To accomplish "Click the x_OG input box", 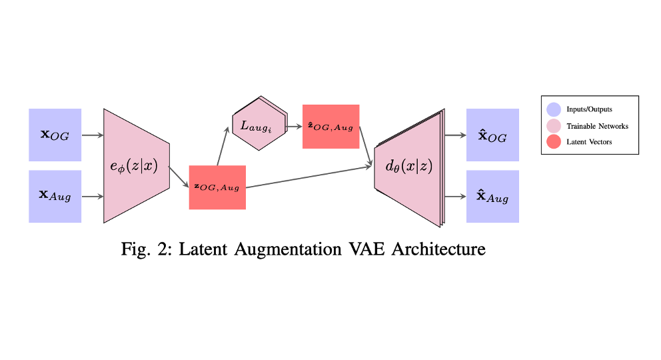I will (55, 135).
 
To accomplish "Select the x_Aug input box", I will (55, 196).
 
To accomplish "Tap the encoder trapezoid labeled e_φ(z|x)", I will (136, 165).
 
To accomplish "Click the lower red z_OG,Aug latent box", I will (217, 187).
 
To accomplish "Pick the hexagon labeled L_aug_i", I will (259, 124).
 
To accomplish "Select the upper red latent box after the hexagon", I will (330, 127).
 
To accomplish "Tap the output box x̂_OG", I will (492, 135).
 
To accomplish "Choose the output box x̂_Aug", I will (492, 197).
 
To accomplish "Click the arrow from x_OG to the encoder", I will (93, 135).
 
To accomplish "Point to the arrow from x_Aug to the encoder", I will (93, 197).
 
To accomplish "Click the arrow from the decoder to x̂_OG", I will (455, 135).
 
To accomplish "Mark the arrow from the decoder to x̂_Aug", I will (455, 197).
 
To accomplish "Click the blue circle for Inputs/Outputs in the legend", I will (553, 109).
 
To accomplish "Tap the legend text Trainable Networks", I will (597, 126).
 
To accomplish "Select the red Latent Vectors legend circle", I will (553, 142).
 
